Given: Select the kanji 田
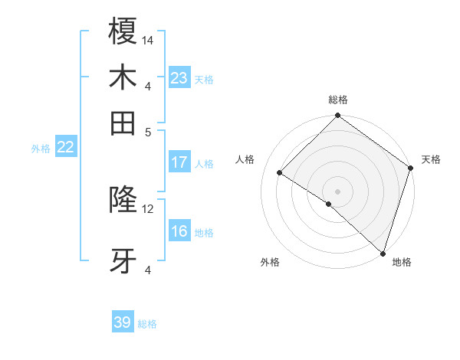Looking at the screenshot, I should [x=123, y=123].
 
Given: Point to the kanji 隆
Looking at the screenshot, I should [x=123, y=201].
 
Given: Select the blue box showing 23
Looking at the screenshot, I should [x=179, y=78].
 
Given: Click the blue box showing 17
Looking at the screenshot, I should [x=179, y=162].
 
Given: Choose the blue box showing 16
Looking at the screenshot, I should [x=179, y=231].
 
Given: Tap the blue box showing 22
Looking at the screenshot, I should [x=65, y=147].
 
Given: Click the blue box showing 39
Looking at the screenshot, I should [x=123, y=322].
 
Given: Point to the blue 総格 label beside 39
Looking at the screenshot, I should [x=148, y=324].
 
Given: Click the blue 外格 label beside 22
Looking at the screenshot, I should [x=41, y=149].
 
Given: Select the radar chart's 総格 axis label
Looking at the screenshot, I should [x=338, y=100].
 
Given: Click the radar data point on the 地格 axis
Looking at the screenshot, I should [x=383, y=253].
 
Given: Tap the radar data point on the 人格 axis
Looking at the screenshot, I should [x=280, y=173].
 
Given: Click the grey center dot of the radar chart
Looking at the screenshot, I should [x=337, y=191].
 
